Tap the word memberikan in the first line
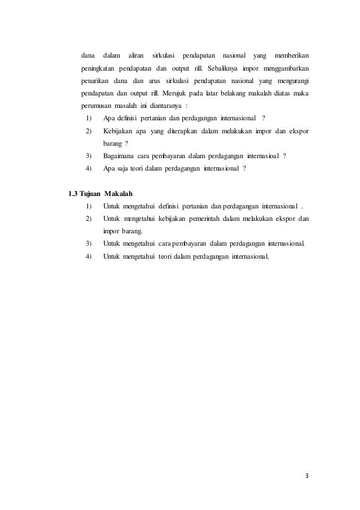click(291, 56)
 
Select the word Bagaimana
click(121, 155)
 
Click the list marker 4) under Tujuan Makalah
click(88, 256)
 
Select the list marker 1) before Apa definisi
click(88, 117)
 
